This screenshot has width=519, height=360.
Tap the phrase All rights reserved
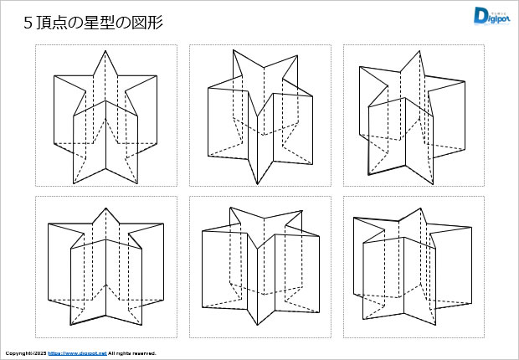click(x=132, y=353)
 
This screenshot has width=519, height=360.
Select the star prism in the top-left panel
click(x=105, y=117)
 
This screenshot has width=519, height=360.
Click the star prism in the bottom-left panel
click(x=105, y=266)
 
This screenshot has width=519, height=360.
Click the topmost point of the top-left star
click(x=105, y=51)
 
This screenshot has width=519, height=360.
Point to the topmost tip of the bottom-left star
click(x=105, y=208)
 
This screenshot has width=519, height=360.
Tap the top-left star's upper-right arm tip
click(x=157, y=75)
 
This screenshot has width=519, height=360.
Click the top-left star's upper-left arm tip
click(x=54, y=76)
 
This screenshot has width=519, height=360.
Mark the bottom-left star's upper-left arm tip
click(x=49, y=224)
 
